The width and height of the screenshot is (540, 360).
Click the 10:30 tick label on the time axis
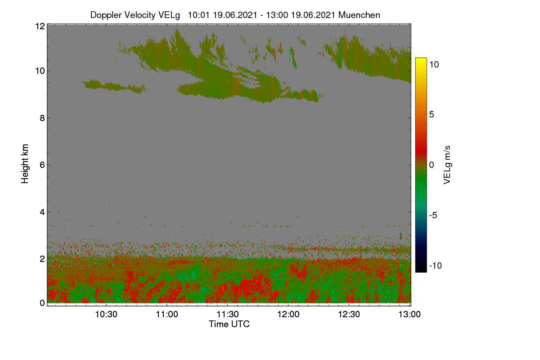point(106,314)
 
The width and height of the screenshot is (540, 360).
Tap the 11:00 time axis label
point(167,314)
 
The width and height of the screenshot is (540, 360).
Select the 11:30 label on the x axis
point(228,314)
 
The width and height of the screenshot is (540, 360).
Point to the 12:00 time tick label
point(288,314)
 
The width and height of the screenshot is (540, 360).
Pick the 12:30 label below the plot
point(349,314)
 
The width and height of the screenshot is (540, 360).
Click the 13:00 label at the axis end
point(409,314)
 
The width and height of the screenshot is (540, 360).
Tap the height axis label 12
point(40,26)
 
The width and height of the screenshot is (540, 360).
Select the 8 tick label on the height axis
point(42,118)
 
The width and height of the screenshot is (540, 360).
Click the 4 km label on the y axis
point(42,212)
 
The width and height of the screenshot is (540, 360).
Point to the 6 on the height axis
point(42,165)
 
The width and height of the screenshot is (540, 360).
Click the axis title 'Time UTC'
point(229,324)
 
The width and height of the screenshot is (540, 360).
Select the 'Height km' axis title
point(25,164)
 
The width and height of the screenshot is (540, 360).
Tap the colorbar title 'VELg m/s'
point(447,165)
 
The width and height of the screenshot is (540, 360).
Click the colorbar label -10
point(436,265)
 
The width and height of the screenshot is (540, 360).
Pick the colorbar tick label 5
point(432,115)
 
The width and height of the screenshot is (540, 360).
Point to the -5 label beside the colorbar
point(433,215)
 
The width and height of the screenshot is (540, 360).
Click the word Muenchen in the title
point(359,15)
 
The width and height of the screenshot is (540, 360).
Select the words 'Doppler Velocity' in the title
point(123,15)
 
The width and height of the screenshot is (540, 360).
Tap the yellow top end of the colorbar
point(421,59)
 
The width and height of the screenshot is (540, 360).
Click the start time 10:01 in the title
point(199,15)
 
